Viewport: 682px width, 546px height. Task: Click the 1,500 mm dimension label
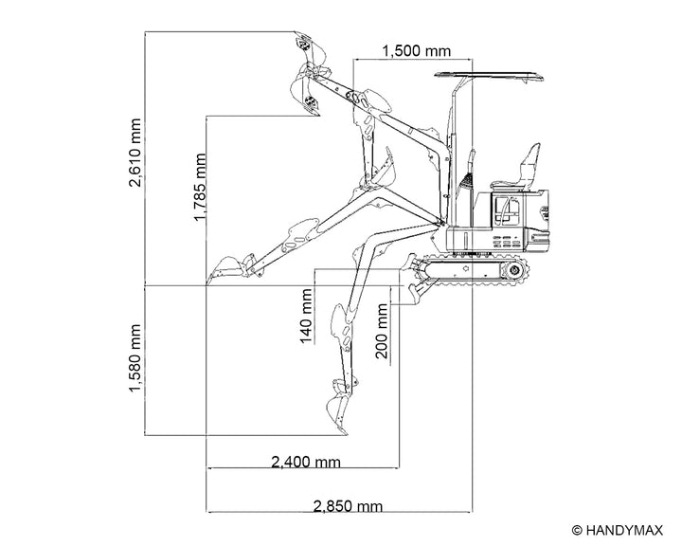coord(416,51)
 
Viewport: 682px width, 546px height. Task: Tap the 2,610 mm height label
coord(135,153)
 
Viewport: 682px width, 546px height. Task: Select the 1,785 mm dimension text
coord(199,187)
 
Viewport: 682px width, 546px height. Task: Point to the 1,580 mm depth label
coord(135,358)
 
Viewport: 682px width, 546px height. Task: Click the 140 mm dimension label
coord(306,316)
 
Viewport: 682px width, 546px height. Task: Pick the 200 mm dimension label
coord(381,331)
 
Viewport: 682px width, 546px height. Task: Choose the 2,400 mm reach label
coord(306,462)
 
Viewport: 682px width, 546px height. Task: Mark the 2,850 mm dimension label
coord(348,506)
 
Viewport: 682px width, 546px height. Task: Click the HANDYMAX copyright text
coord(618,530)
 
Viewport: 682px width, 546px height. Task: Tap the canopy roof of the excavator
coord(489,75)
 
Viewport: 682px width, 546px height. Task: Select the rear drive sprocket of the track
coord(514,270)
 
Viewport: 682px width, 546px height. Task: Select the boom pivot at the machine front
coord(440,223)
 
